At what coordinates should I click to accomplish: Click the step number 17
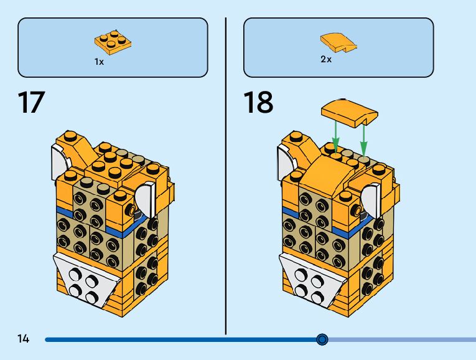point(32,103)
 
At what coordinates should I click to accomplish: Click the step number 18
point(258,103)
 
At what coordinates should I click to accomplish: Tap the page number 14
point(24,339)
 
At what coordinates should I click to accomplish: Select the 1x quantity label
point(99,62)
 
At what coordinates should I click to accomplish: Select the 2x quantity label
point(326,60)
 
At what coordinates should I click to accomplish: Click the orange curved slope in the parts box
point(338,42)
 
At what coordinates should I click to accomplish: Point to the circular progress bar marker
point(322,339)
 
